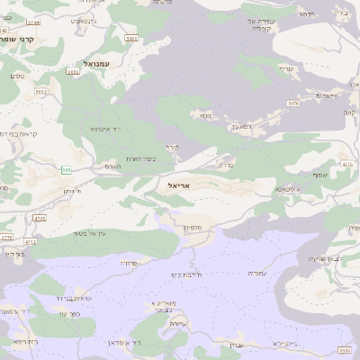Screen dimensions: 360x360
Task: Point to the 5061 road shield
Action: point(131,39)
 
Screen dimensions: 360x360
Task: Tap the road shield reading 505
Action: point(67,169)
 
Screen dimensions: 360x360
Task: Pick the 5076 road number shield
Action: point(293,103)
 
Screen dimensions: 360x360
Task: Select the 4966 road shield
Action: point(345,350)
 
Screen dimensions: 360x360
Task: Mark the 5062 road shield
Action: point(40,91)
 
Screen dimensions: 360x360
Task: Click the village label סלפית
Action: point(193,229)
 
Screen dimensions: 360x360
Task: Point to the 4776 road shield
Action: point(6,238)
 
